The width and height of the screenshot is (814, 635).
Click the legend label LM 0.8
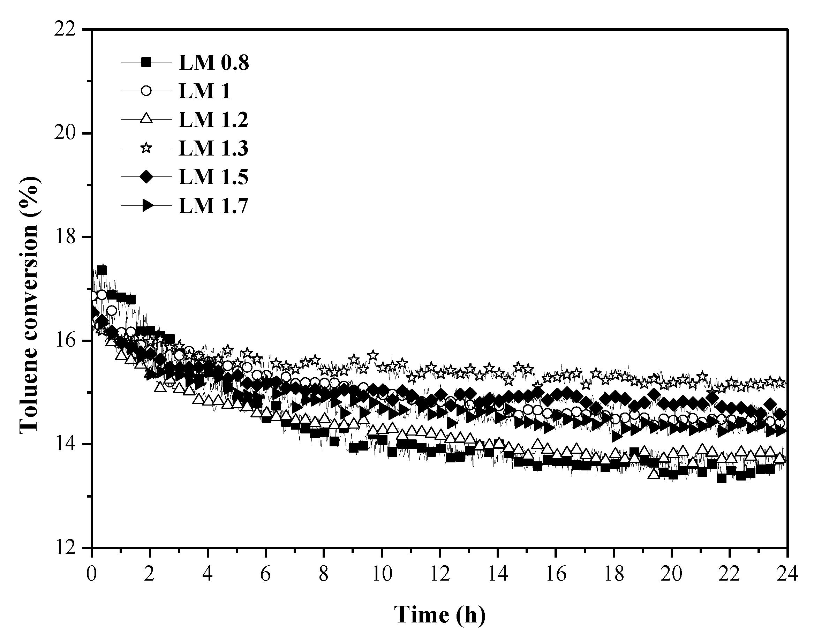[213, 63]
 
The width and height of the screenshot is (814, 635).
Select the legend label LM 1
[204, 91]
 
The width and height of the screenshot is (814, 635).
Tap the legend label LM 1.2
[213, 120]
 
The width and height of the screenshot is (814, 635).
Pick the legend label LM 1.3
[213, 148]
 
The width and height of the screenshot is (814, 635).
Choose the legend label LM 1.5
[213, 177]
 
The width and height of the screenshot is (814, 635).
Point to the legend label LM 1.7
[213, 205]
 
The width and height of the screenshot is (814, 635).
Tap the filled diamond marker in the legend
[147, 177]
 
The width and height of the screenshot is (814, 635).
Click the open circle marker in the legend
[147, 91]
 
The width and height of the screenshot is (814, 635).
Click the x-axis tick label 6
[265, 574]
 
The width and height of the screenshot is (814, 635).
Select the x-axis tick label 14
[497, 574]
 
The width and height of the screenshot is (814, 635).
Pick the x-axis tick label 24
[787, 574]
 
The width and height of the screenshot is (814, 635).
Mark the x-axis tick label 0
[92, 574]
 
